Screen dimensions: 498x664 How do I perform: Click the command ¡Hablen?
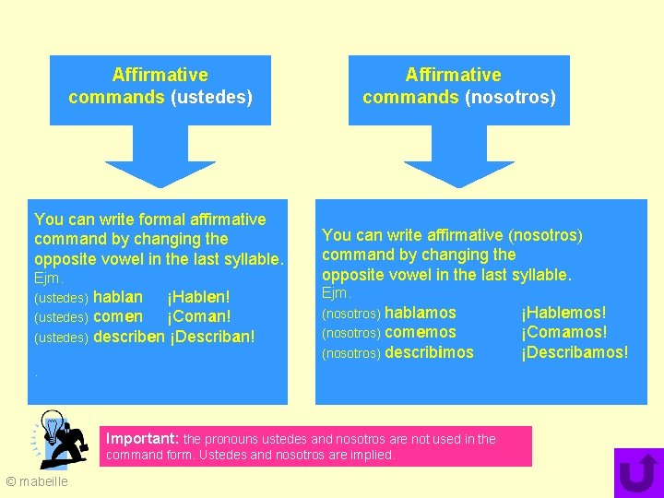tap(198, 297)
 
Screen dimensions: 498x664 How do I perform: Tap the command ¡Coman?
tap(198, 317)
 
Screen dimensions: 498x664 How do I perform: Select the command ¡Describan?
tap(211, 337)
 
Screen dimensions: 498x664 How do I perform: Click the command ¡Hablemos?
tap(563, 314)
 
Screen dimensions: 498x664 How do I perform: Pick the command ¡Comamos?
tap(563, 333)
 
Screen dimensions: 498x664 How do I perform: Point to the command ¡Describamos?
tap(575, 352)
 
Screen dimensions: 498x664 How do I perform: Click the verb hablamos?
tap(420, 314)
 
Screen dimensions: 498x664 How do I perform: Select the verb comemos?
tap(420, 333)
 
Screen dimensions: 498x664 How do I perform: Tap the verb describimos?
tap(429, 352)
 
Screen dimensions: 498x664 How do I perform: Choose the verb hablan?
tap(118, 297)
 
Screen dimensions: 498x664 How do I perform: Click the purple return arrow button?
tap(638, 473)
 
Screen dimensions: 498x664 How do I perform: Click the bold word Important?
tap(143, 439)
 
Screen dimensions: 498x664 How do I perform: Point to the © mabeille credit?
tap(37, 481)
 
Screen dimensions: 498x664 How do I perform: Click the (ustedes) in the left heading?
tap(211, 97)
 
